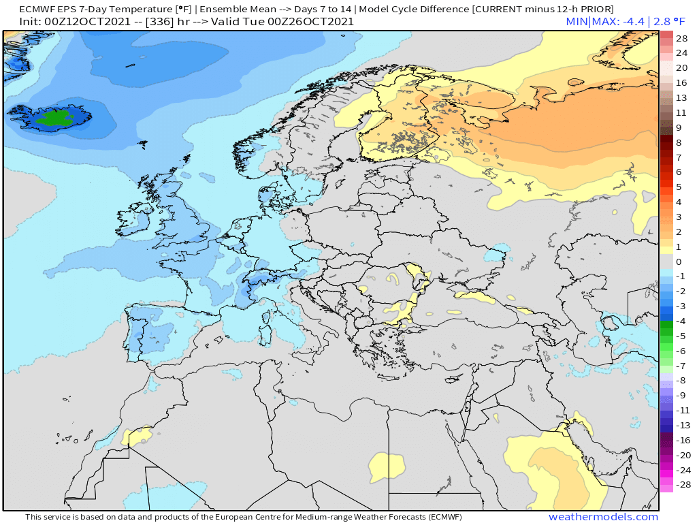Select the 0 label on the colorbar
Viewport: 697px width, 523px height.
(x=678, y=261)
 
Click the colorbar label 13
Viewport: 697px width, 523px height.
(x=681, y=97)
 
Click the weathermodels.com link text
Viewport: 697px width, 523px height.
(x=603, y=517)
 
